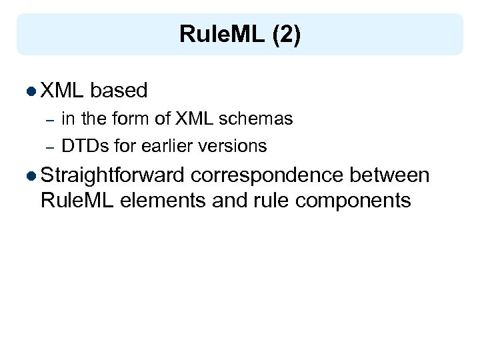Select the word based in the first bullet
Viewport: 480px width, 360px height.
(119, 90)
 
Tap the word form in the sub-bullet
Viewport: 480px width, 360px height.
(131, 119)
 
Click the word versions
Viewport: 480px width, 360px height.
(237, 146)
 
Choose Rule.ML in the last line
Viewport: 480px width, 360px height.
(77, 199)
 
